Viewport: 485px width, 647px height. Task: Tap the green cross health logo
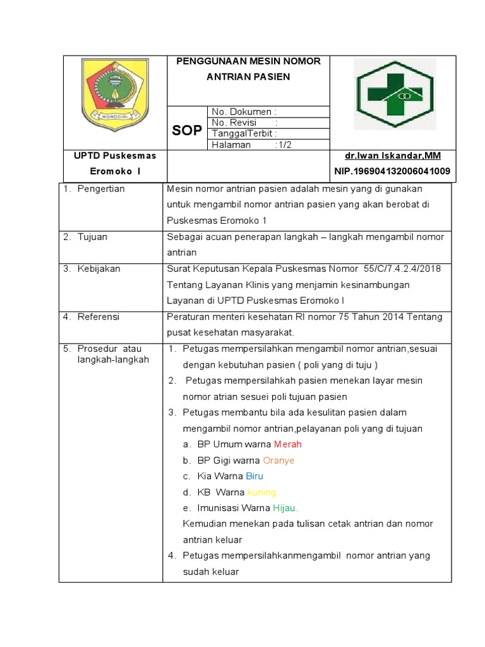tap(394, 94)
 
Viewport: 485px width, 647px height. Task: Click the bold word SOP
tap(187, 131)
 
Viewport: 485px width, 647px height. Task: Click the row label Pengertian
tap(100, 189)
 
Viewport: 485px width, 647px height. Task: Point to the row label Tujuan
tap(92, 237)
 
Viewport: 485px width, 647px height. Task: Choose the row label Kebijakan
tap(99, 269)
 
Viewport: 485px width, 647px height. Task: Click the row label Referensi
tap(98, 317)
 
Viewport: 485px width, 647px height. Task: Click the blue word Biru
tap(254, 476)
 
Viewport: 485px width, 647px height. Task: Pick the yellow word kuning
tap(261, 492)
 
